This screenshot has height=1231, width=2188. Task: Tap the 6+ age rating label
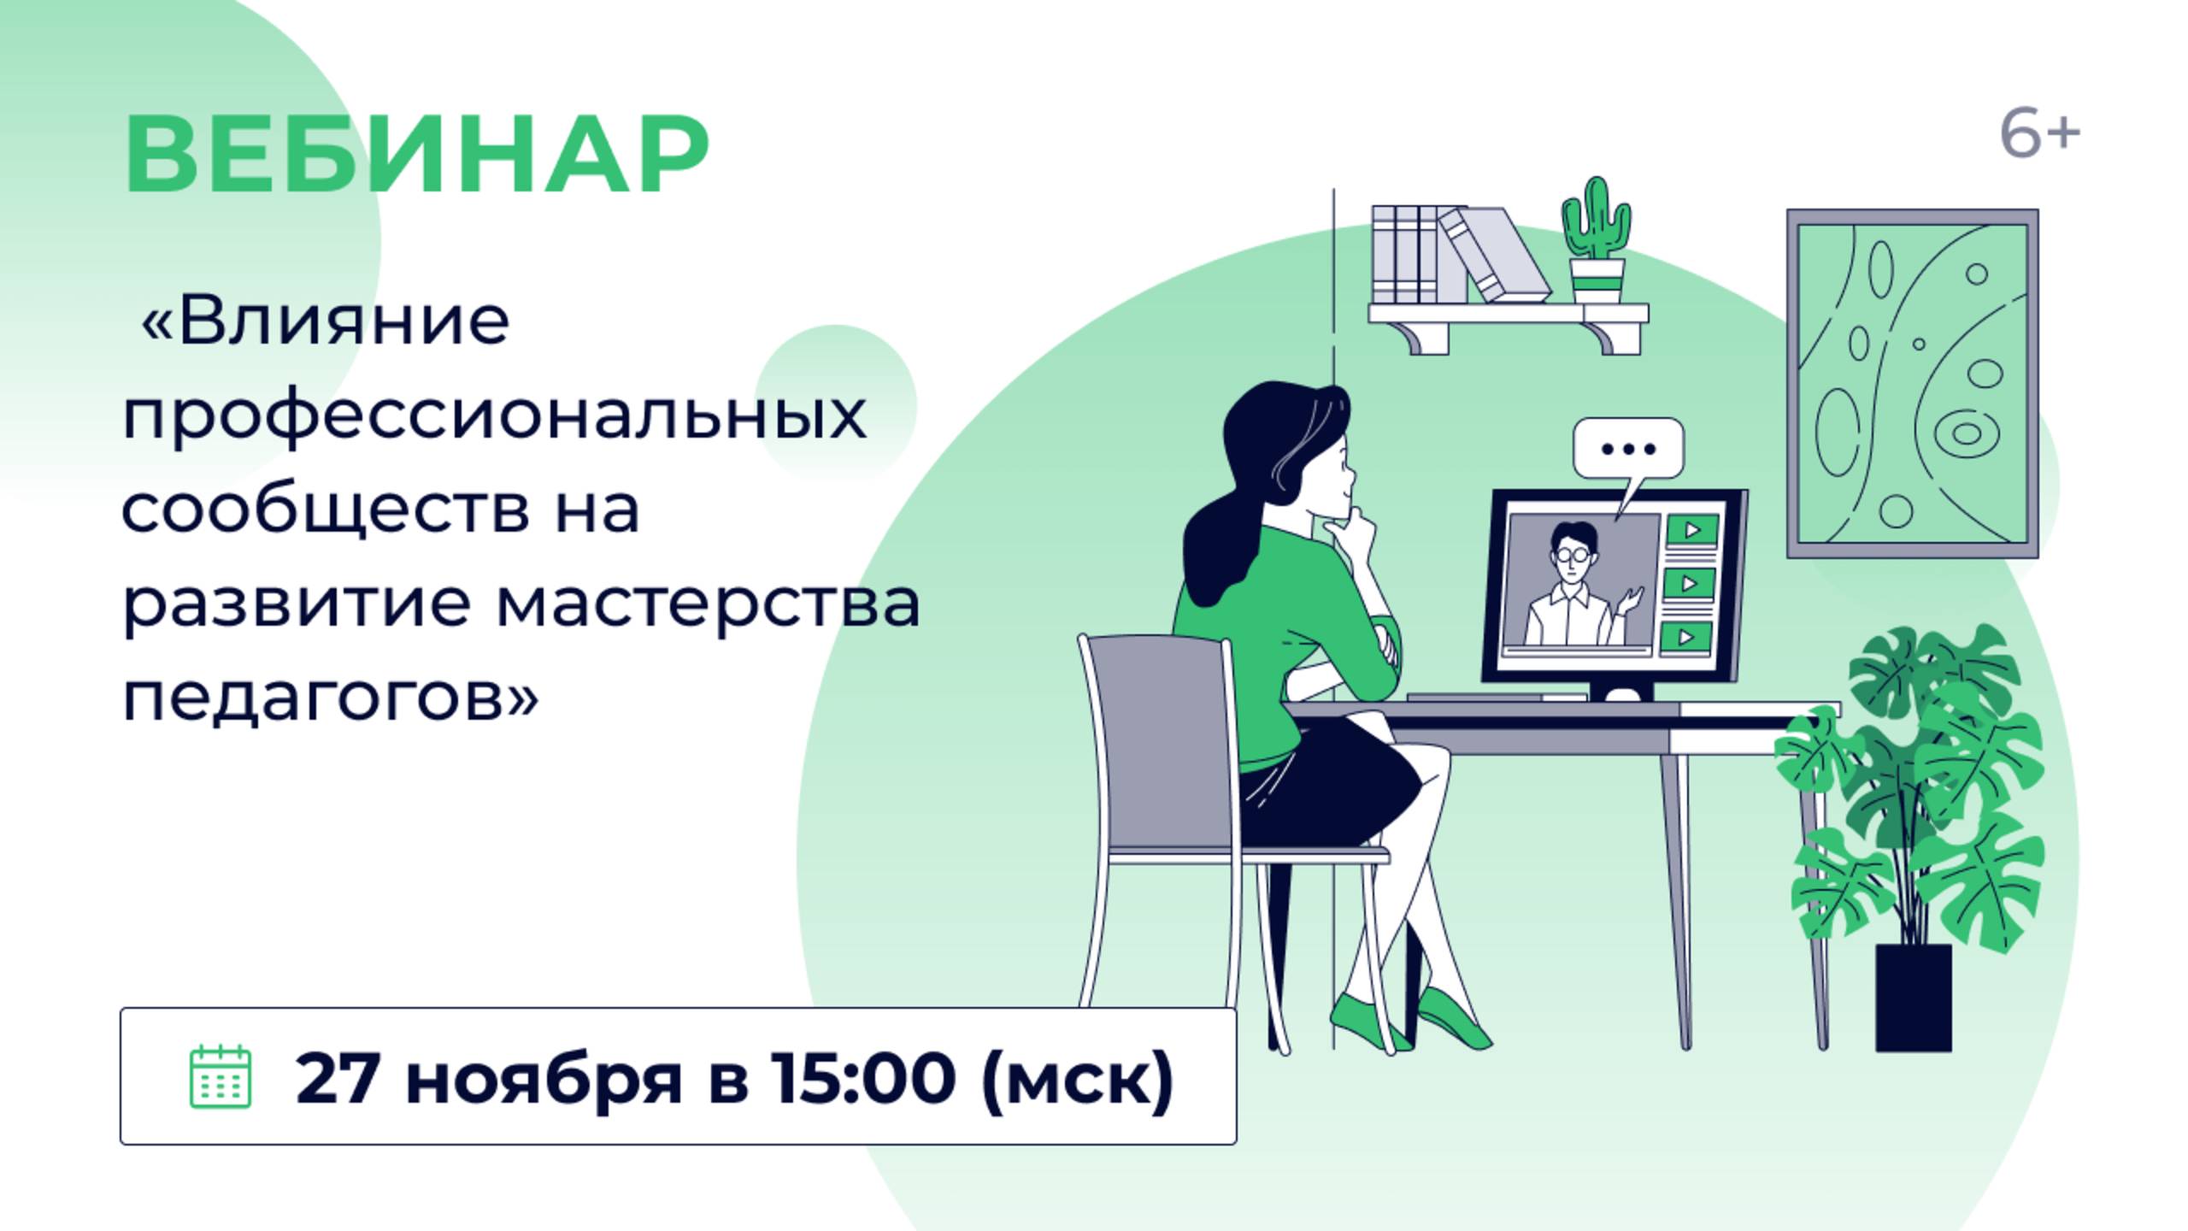tap(2038, 135)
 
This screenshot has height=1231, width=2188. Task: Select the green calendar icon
tap(220, 1076)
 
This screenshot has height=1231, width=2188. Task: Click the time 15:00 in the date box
tap(862, 1078)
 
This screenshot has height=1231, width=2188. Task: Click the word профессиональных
tap(494, 415)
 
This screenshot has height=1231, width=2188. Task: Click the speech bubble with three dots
tap(1628, 449)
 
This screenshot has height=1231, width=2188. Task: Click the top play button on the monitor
tap(1691, 530)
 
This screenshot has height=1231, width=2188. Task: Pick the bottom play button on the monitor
tap(1686, 637)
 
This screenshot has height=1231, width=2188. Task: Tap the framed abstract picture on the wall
tap(1912, 384)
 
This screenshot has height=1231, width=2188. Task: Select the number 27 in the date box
tap(337, 1078)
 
